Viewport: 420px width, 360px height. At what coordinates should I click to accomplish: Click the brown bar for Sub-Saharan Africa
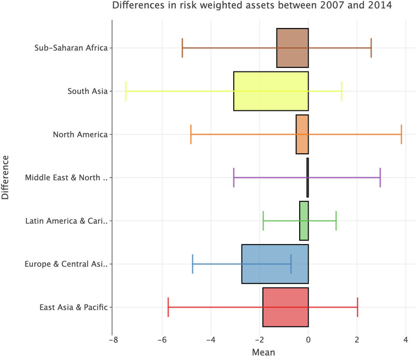(x=292, y=48)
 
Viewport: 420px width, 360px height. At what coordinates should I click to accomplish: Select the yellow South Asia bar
(x=271, y=91)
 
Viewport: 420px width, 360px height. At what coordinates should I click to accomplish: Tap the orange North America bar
(x=302, y=134)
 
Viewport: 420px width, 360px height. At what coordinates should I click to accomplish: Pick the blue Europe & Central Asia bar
(x=275, y=264)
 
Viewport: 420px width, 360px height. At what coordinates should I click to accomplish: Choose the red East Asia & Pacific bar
(x=285, y=307)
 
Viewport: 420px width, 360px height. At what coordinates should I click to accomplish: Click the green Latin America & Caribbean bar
(x=304, y=221)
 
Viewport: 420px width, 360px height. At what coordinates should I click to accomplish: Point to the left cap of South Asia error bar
(x=125, y=91)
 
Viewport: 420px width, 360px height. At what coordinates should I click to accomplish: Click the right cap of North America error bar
(x=401, y=134)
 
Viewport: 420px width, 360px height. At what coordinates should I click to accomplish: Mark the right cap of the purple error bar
(x=380, y=178)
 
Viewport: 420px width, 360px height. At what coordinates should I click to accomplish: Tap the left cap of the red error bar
(x=169, y=307)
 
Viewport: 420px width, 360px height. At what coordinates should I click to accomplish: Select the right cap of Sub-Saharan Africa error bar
(x=371, y=48)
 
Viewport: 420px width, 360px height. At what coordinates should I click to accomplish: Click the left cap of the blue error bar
(x=193, y=264)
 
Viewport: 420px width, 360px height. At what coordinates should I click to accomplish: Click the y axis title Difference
(x=6, y=177)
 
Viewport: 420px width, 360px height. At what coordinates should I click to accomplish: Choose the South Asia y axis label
(x=87, y=91)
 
